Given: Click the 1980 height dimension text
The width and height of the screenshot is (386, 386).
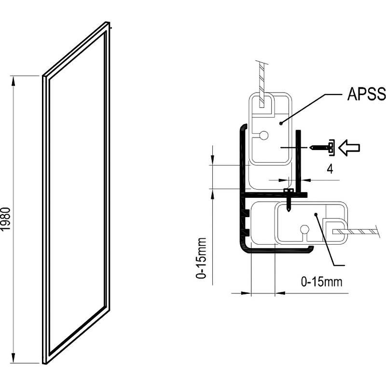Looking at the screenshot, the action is click(x=6, y=219).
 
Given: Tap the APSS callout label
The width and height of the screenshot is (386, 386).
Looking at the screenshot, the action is click(x=367, y=94).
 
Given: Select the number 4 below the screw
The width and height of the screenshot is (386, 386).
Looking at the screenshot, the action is click(x=330, y=169).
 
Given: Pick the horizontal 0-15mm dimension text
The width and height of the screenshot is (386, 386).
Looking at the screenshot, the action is click(x=321, y=282).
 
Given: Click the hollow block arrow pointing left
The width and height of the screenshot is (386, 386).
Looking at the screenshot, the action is click(x=349, y=148).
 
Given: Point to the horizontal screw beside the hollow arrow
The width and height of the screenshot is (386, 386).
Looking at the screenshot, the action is click(x=322, y=148).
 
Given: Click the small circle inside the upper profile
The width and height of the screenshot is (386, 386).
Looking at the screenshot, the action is click(x=264, y=136).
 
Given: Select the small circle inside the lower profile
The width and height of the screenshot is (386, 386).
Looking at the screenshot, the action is click(x=304, y=230).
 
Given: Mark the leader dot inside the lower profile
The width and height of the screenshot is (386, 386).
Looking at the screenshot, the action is click(x=316, y=214).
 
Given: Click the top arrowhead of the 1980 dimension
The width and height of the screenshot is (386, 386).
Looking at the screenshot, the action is click(x=14, y=81).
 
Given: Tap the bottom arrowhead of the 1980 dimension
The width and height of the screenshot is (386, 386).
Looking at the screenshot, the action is click(x=14, y=358).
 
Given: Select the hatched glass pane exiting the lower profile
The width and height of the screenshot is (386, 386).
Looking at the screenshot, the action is click(x=355, y=232).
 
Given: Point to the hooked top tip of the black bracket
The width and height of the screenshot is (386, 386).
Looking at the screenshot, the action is click(x=244, y=126).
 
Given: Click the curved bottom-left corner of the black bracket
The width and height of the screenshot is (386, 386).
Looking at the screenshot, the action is click(x=243, y=248).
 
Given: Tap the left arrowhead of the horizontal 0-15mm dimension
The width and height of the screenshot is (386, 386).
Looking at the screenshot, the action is click(x=246, y=293).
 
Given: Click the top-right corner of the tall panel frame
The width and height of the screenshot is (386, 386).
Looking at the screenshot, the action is click(x=109, y=22).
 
